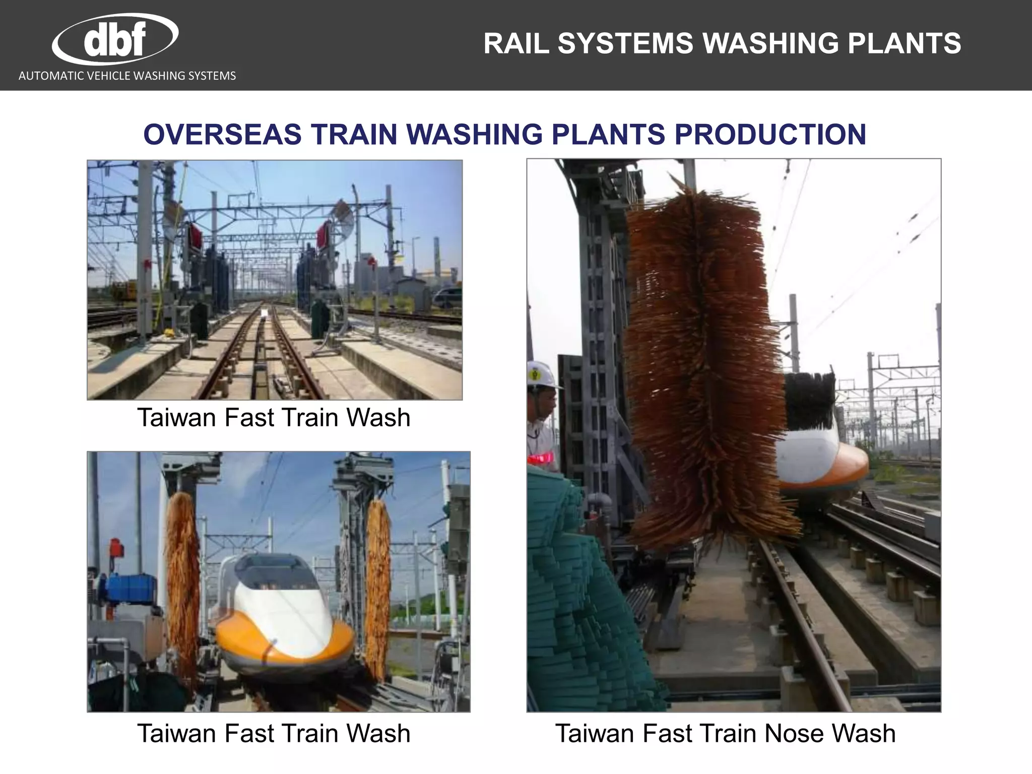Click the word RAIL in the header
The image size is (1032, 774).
(516, 43)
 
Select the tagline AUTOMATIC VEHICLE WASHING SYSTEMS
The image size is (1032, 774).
(127, 76)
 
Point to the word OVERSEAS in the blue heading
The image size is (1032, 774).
(222, 135)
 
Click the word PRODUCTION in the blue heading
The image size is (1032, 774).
(770, 135)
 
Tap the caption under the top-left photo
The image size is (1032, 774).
(274, 418)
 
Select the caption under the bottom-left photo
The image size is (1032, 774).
(274, 734)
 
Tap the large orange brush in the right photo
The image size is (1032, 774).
(705, 363)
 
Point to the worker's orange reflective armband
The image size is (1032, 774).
(542, 458)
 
